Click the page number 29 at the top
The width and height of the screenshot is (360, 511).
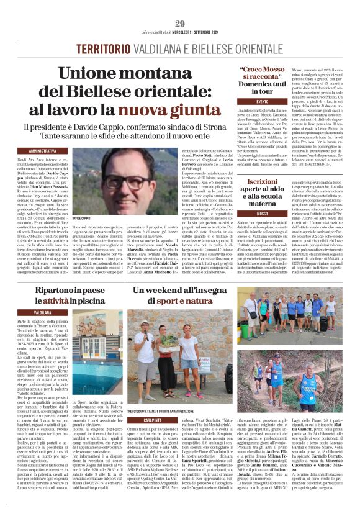[x=179, y=24]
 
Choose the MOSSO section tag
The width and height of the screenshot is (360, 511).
[x=262, y=213]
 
